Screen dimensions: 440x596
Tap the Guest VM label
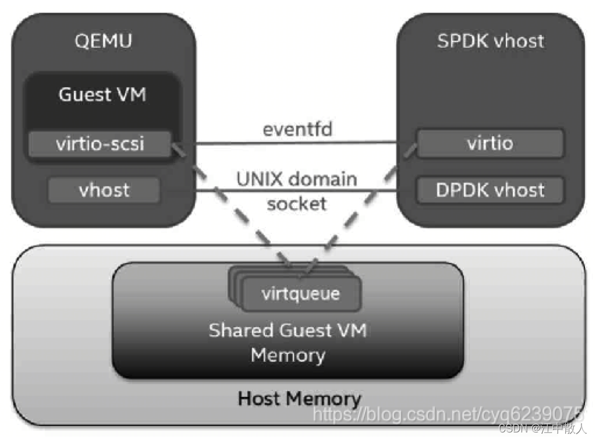[x=102, y=95]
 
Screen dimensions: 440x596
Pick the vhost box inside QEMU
[x=104, y=190]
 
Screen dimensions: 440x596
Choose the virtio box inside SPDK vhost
[x=490, y=143]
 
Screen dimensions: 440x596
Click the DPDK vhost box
[x=490, y=190]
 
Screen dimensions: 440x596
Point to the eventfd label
[x=297, y=129]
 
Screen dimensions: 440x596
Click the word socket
[x=297, y=204]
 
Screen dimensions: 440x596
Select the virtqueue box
[x=300, y=293]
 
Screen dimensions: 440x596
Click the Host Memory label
[x=299, y=399]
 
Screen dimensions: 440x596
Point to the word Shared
[x=240, y=331]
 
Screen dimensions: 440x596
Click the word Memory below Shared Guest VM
[x=288, y=354]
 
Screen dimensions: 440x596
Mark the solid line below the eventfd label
[x=297, y=142]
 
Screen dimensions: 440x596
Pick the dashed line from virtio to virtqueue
[x=361, y=210]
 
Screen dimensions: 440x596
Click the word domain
[x=324, y=179]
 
